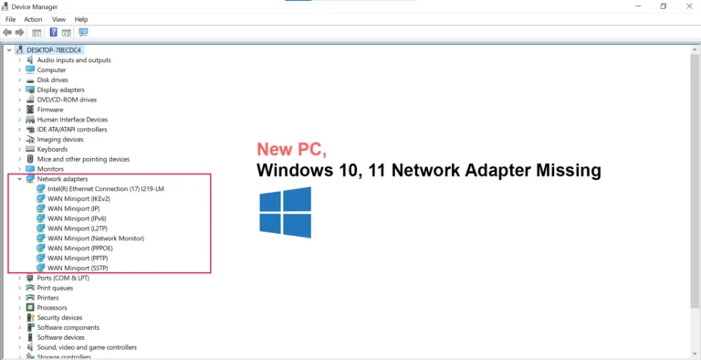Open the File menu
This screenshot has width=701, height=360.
[10, 19]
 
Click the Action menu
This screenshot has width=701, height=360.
[33, 19]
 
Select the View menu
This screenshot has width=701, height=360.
[58, 19]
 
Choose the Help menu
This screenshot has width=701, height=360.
[81, 19]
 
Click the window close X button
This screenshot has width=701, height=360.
[689, 6]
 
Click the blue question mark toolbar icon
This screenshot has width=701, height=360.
[54, 32]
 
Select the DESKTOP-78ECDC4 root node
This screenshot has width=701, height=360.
[54, 50]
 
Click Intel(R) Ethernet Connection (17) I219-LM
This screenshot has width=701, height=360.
[106, 189]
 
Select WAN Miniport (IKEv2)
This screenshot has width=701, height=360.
[78, 199]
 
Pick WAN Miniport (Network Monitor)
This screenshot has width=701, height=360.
[96, 238]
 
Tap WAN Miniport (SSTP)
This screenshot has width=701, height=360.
[78, 268]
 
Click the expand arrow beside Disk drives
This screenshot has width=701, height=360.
[20, 79]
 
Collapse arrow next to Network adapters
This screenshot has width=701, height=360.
[20, 179]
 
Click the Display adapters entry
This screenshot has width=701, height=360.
[61, 90]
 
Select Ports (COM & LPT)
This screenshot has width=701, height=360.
[63, 278]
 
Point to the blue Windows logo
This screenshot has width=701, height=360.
[285, 212]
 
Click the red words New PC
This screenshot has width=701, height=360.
[292, 150]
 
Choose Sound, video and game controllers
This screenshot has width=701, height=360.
[87, 347]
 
